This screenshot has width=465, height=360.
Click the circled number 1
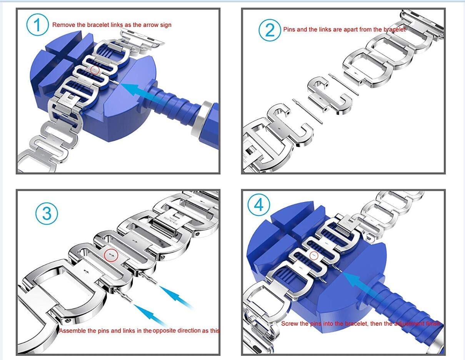[x=37, y=25]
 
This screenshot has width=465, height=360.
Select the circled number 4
[x=259, y=206]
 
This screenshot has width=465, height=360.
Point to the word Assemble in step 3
[x=72, y=330]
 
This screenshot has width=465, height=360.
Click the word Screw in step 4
[x=289, y=324]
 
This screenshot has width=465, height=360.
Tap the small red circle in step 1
[x=95, y=70]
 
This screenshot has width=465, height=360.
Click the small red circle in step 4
[x=314, y=255]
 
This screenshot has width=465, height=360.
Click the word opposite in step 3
[x=166, y=330]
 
